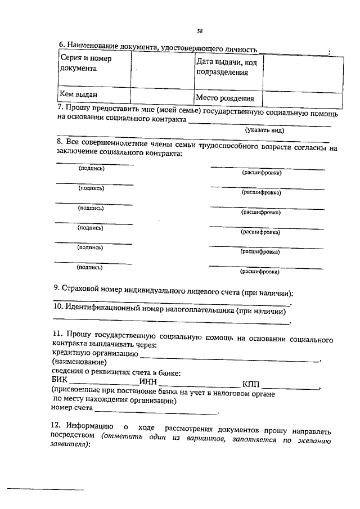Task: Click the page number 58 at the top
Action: coord(200,30)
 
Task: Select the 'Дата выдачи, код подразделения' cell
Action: coord(227,67)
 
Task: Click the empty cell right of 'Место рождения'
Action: coord(303,98)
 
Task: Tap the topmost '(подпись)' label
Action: coord(91,168)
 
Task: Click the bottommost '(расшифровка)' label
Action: coord(260,272)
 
